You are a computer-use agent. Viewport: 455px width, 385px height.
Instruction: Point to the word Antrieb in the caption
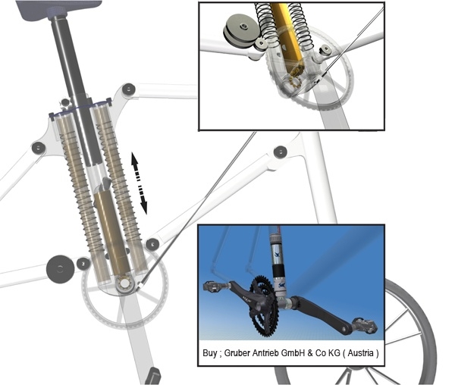tap(276, 354)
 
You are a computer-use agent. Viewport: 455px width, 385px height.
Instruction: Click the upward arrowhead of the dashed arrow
tap(134, 158)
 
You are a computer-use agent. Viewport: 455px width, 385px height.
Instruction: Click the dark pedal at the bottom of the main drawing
tap(153, 376)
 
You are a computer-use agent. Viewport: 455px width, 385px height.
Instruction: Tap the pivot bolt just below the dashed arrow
tap(152, 243)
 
